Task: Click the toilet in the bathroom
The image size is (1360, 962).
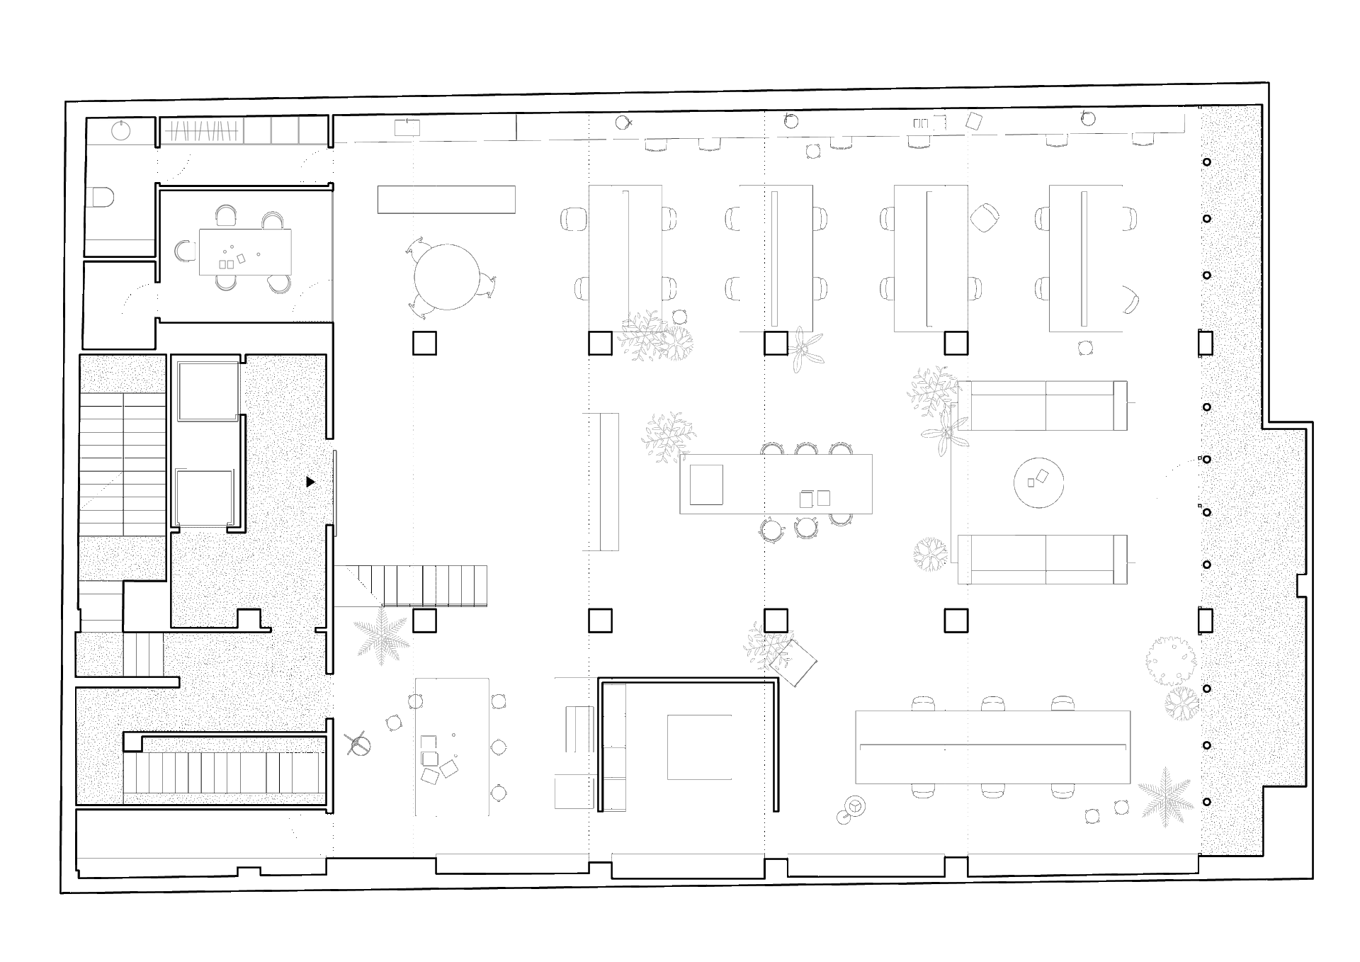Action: pyautogui.click(x=100, y=197)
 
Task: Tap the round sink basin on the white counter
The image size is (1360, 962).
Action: pyautogui.click(x=121, y=131)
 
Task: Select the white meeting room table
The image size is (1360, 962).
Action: pyautogui.click(x=245, y=251)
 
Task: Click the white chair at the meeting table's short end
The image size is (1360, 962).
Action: pyautogui.click(x=185, y=251)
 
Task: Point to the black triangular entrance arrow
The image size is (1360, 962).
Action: pyautogui.click(x=310, y=482)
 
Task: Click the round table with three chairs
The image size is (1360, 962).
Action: pyautogui.click(x=446, y=277)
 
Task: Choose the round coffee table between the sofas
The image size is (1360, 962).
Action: pyautogui.click(x=1038, y=482)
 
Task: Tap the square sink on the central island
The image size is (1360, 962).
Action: pyautogui.click(x=706, y=485)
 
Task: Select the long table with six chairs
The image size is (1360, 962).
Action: pyautogui.click(x=992, y=747)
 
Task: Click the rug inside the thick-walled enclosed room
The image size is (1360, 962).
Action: pyautogui.click(x=699, y=747)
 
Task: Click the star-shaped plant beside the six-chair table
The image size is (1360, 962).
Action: pyautogui.click(x=1166, y=796)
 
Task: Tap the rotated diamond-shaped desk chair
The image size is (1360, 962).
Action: pyautogui.click(x=984, y=217)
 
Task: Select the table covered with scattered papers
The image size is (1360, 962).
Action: pyautogui.click(x=451, y=747)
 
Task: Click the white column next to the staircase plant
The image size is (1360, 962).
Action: pyautogui.click(x=424, y=621)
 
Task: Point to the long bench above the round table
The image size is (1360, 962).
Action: pyautogui.click(x=446, y=199)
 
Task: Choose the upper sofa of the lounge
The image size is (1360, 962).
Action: pyautogui.click(x=1042, y=405)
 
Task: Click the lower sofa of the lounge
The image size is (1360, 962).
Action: pyautogui.click(x=1042, y=560)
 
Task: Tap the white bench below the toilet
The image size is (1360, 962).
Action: pyautogui.click(x=120, y=247)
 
